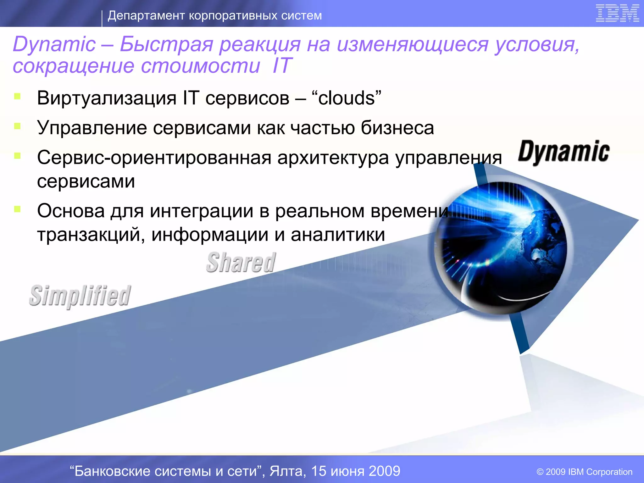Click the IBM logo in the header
[x=617, y=14]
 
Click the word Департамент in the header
[x=146, y=15]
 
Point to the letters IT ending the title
[x=282, y=66]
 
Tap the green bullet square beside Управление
[x=17, y=126]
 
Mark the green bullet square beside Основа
[x=17, y=209]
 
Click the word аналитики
[x=338, y=234]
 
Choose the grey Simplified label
[x=80, y=296]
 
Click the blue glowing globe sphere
[x=500, y=247]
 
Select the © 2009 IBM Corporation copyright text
[x=584, y=472]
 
